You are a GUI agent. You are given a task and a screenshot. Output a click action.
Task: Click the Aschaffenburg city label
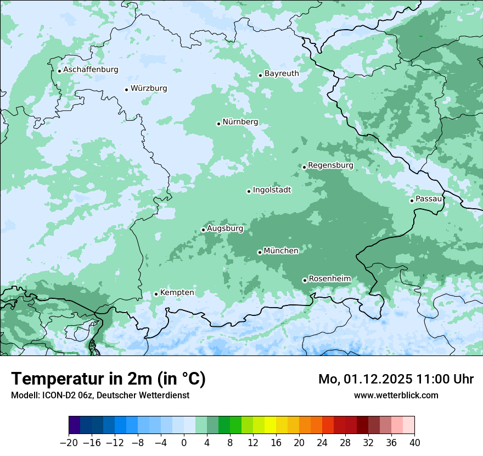point(91,70)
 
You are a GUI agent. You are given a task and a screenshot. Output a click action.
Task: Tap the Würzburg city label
point(149,88)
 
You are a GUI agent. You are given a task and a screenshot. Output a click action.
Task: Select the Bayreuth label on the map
point(282,74)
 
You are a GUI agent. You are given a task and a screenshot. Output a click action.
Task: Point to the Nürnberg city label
point(240,122)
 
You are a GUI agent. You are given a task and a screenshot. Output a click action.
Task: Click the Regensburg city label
point(330,165)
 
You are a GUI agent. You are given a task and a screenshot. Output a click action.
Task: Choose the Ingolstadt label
point(272,190)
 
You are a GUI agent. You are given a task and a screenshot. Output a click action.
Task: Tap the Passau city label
point(429,199)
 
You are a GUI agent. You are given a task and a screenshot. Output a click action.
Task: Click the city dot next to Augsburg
point(203,230)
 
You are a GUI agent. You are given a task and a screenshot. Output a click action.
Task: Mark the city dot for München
point(260,252)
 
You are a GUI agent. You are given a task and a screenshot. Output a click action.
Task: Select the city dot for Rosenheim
point(305,280)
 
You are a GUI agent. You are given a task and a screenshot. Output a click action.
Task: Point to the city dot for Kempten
point(156,294)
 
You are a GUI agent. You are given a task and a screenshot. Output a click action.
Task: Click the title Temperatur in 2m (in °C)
point(108,379)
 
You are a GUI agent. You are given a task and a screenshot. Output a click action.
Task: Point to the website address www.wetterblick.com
point(396,396)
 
